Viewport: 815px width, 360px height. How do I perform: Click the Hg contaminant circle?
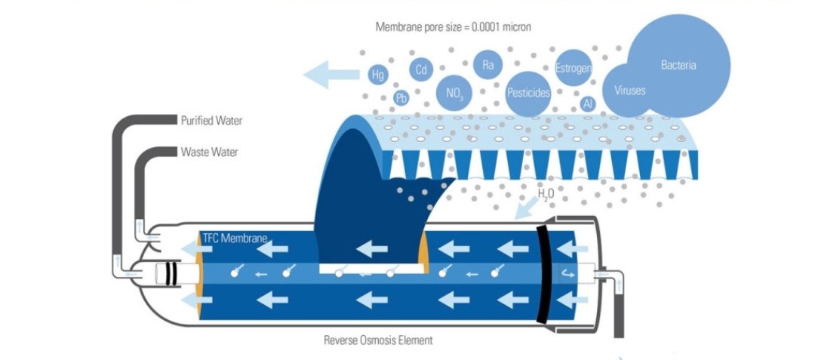378,75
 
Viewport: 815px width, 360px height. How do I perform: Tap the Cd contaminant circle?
421,69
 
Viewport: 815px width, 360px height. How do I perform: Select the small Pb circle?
401,97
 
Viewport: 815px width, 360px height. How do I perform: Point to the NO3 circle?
454,93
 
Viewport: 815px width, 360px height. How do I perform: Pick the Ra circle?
487,65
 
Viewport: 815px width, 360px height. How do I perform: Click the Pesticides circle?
528,94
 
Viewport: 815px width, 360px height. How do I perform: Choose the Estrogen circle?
574,67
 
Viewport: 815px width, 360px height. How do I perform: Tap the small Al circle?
588,104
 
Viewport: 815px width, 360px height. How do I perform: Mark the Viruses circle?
628,91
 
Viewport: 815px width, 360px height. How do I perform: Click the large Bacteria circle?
678,66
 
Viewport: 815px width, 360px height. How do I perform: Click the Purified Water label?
211,121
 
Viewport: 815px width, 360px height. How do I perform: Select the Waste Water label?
210,152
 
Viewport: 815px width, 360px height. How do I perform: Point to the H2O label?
546,195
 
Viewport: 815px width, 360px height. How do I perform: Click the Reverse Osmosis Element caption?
378,341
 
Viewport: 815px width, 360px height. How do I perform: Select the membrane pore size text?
454,27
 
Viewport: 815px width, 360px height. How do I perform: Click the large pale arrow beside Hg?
331,75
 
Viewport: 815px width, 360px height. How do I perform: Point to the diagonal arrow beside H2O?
525,208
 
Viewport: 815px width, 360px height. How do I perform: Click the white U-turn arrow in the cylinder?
567,272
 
